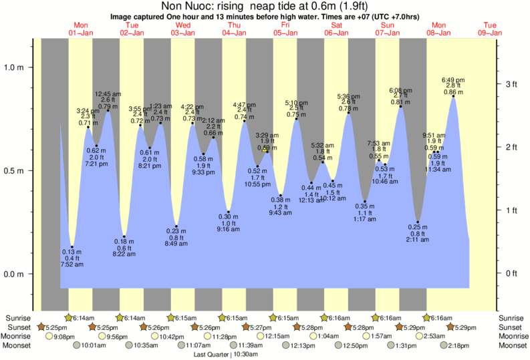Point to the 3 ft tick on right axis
[x=511, y=83]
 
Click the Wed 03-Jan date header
[x=183, y=29]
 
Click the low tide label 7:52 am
[x=72, y=264]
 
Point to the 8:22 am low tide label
[x=124, y=254]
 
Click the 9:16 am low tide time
[x=228, y=230]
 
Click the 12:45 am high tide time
[x=108, y=94]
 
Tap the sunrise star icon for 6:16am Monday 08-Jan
[x=427, y=317]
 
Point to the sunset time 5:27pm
[x=261, y=327]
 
